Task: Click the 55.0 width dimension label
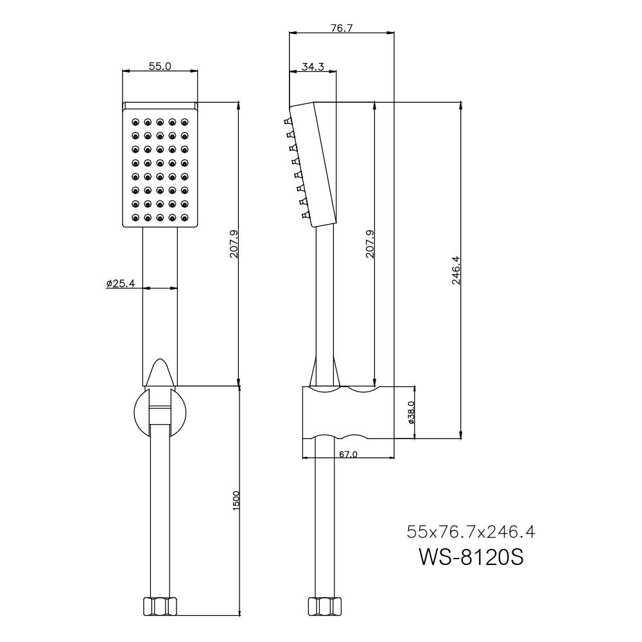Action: pos(160,67)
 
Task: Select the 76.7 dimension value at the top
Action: pos(341,28)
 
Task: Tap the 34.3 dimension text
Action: pos(313,67)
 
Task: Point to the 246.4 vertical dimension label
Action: pos(455,270)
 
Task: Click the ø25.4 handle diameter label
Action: pos(120,283)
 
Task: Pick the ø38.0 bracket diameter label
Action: pos(410,413)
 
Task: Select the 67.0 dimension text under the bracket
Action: pos(347,454)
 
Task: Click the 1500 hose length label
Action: pos(236,501)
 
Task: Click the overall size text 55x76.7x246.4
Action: pos(471,532)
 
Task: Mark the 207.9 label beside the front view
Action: pos(234,244)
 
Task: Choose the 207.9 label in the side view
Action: pos(370,244)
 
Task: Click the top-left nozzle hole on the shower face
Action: pos(135,122)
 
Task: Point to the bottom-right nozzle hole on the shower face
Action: pos(184,218)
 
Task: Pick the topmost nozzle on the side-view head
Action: pos(286,121)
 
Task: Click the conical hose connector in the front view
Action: pos(159,373)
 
